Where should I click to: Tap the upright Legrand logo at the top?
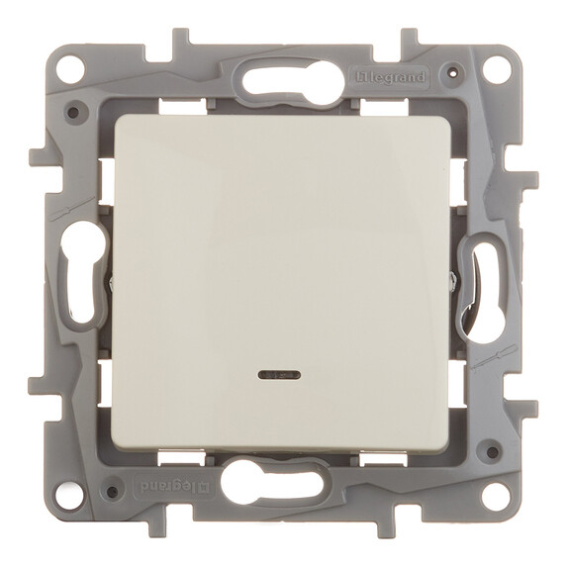(x=399, y=77)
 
